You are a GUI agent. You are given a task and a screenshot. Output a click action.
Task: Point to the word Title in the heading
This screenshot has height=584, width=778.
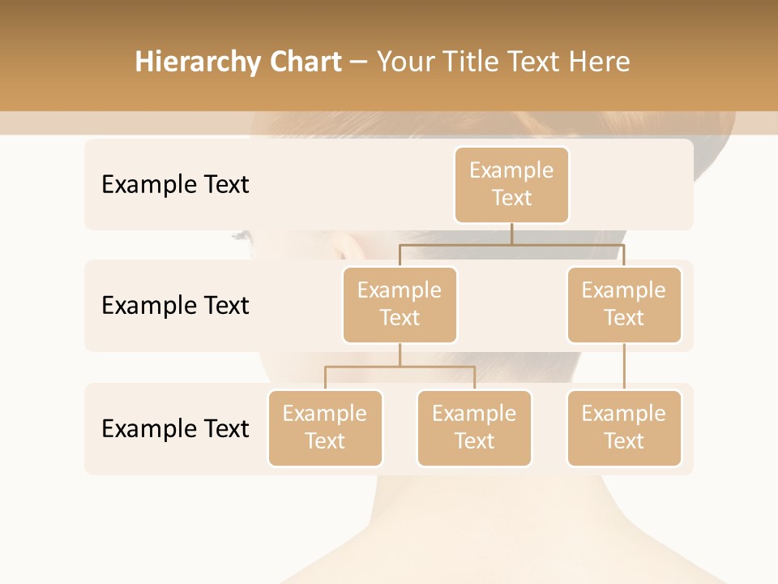pos(476,62)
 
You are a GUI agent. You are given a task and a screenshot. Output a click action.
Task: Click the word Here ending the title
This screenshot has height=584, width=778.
pos(599,62)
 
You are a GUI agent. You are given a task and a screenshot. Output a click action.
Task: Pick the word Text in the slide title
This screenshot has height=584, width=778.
pos(536,62)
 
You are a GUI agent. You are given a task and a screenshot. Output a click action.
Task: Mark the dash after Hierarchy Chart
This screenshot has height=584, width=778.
pos(359,62)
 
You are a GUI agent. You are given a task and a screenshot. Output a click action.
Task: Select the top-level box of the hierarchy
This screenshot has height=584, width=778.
pos(511,184)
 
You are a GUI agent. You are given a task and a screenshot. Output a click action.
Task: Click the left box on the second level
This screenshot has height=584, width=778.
pos(400,304)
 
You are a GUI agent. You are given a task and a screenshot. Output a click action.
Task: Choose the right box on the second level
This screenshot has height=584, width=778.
pos(624,304)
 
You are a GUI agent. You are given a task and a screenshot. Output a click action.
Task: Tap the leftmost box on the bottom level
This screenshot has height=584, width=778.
pos(325,427)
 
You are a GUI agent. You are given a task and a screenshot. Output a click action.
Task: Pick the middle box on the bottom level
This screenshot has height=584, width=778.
pos(474,427)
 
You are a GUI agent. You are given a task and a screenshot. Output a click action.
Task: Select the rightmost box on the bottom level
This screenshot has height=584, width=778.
pos(624,427)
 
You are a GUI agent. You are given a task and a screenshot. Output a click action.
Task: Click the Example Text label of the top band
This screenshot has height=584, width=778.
pos(175,184)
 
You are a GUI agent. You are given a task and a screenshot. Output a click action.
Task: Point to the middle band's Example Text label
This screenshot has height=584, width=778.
pos(175,305)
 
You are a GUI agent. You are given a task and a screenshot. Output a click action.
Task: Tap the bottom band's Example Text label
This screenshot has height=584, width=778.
pos(175,428)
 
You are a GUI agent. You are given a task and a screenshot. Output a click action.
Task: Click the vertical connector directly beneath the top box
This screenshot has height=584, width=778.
pos(511,234)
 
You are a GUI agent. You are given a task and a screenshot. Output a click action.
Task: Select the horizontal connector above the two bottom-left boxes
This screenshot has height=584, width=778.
pos(400,367)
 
